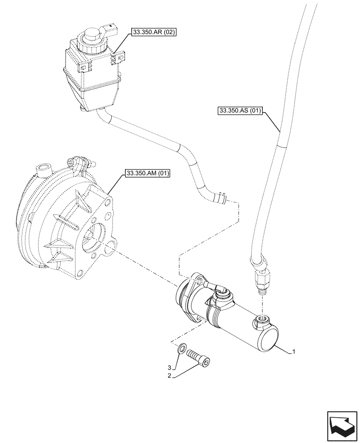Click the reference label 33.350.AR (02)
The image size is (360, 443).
coord(153,32)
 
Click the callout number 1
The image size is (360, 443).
coord(293,352)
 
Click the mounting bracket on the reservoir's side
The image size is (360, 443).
coord(118,60)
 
